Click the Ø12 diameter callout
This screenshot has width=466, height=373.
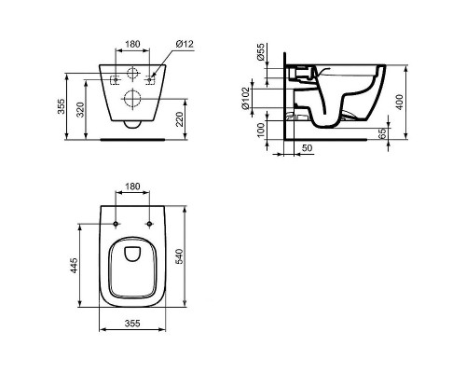(185, 44)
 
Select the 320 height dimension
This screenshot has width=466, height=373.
(80, 109)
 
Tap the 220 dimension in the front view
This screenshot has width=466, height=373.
(180, 119)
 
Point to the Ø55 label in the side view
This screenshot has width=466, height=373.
(261, 51)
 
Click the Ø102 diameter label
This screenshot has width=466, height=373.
(245, 98)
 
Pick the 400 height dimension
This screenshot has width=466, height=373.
(400, 102)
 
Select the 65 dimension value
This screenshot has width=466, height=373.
(383, 133)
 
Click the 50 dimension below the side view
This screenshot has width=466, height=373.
(307, 148)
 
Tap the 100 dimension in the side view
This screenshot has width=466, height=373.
(261, 130)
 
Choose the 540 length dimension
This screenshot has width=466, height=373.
(180, 256)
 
